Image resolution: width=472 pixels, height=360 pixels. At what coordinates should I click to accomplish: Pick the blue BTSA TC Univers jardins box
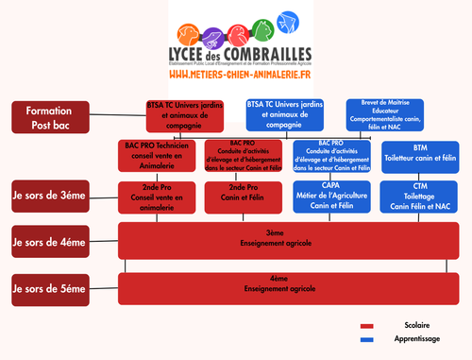[x=284, y=114]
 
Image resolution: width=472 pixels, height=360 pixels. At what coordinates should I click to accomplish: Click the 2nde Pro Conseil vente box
[x=158, y=197]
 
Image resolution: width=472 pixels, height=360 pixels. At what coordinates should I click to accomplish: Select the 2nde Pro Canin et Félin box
[x=243, y=197]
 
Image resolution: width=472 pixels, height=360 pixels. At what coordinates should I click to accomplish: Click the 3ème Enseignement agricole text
[x=275, y=238]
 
